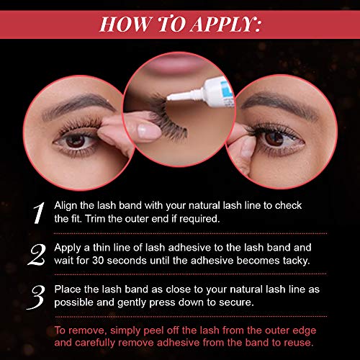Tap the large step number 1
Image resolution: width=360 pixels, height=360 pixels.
tap(39, 213)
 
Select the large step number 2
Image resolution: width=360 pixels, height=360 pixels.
tap(37, 255)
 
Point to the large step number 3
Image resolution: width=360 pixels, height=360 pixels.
tap(36, 297)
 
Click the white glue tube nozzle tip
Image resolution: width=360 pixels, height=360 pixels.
tap(168, 97)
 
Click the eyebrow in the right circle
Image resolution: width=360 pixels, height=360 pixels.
tap(279, 104)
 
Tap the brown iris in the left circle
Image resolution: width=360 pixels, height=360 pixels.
tap(75, 140)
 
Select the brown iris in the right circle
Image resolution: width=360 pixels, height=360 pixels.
tap(274, 138)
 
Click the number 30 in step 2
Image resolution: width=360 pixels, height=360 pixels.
tap(98, 261)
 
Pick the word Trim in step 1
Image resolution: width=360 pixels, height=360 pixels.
tap(94, 219)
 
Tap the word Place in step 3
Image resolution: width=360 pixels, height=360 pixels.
tap(68, 289)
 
